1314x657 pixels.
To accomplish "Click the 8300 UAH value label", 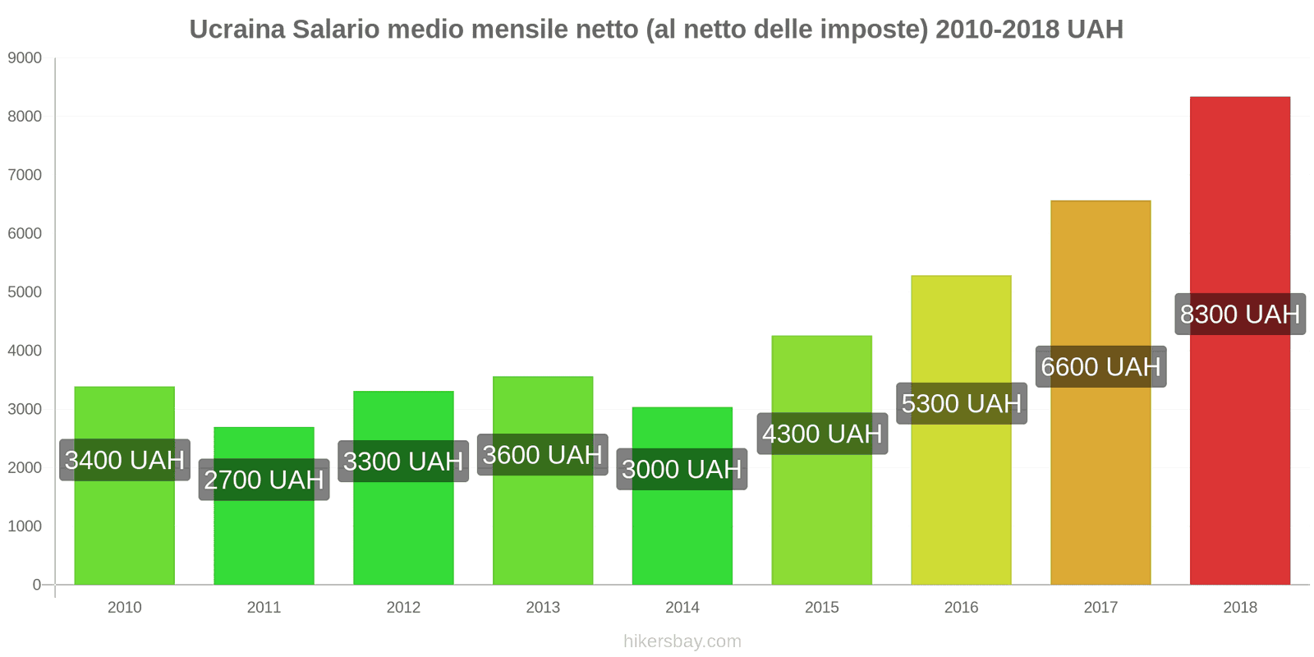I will point(1239,314).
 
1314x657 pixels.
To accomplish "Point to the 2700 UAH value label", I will point(264,480).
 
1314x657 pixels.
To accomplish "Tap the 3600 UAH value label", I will point(542,455).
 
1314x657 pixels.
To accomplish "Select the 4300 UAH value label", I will point(821,434).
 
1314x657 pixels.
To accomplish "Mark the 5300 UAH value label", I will point(961,403).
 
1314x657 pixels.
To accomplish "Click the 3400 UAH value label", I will point(125,460).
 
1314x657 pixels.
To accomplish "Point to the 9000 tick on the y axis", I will point(25,58).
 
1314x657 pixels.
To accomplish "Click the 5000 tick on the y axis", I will point(25,292).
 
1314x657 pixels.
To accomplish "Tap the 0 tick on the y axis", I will point(36,585).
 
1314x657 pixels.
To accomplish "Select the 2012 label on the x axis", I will point(403,608).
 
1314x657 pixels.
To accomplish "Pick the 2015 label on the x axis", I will point(821,608).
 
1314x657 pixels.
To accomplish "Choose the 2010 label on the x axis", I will point(125,608).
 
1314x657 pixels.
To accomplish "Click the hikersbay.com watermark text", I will point(682,641).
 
